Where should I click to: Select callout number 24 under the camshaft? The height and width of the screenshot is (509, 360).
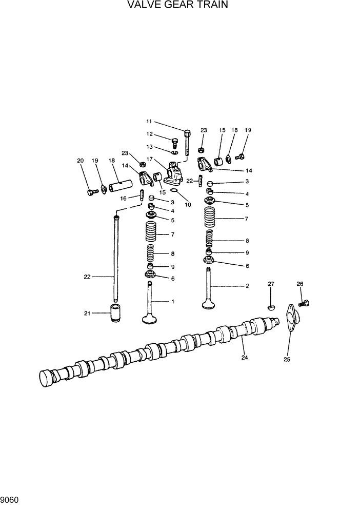point(245,358)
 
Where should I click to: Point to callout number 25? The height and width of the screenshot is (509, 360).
point(287,360)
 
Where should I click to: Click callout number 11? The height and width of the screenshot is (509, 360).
point(149,122)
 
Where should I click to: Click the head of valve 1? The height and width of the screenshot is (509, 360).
point(150,321)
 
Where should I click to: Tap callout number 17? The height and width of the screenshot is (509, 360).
point(150,159)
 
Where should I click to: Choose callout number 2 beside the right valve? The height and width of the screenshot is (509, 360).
point(247,286)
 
